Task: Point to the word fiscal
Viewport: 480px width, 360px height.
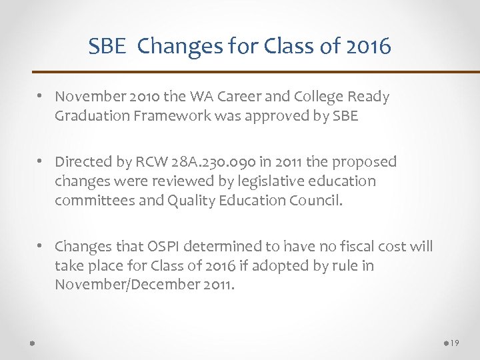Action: pos(355,247)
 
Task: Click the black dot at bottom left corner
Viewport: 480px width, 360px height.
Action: pos(32,343)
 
